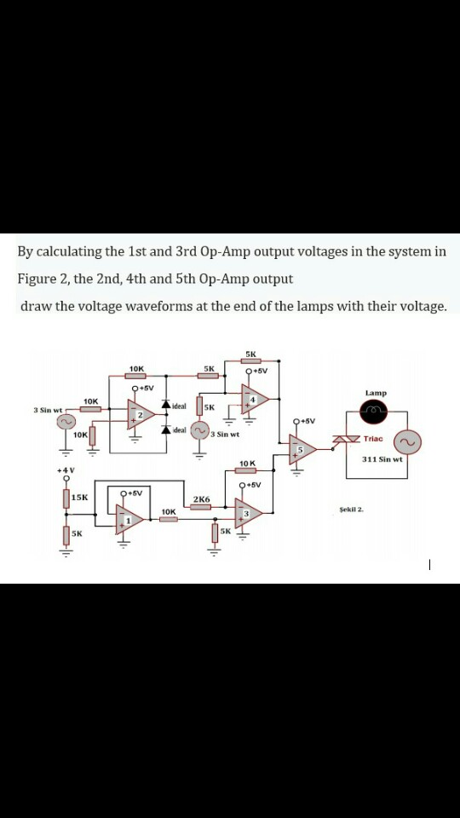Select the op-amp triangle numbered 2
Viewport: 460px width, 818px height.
[142, 416]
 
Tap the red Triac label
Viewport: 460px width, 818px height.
[374, 439]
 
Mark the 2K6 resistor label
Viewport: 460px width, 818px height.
[201, 499]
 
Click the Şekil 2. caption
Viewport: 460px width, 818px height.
[350, 508]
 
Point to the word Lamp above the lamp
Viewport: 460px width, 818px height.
[376, 393]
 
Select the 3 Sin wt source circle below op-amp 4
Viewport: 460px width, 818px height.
[201, 432]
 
